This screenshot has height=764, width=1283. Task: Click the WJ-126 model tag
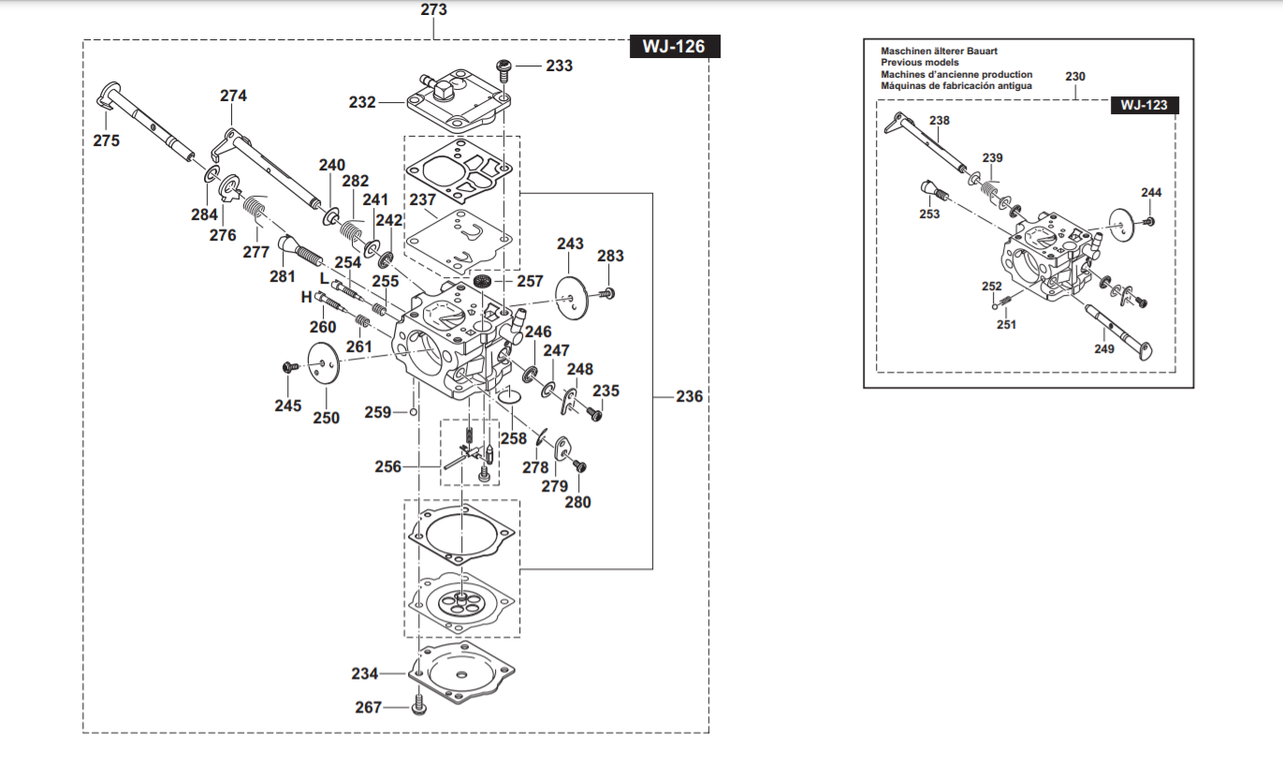[x=673, y=46]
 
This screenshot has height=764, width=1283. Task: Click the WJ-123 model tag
[x=1144, y=105]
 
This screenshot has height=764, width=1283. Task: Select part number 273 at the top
[x=434, y=10]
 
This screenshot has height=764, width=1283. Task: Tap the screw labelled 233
[x=503, y=66]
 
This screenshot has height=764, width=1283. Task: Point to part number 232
[x=362, y=102]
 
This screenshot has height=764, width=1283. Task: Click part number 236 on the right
[x=689, y=396]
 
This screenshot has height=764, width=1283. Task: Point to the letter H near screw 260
[x=305, y=298]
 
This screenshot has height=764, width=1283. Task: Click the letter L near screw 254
[x=324, y=278]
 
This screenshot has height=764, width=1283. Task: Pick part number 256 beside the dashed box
[x=388, y=466]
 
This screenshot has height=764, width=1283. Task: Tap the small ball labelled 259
[x=413, y=412]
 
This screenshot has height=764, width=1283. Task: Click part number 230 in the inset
[x=1075, y=76]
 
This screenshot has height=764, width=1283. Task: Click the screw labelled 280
[x=579, y=465]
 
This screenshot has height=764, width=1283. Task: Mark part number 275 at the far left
[x=106, y=140]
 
